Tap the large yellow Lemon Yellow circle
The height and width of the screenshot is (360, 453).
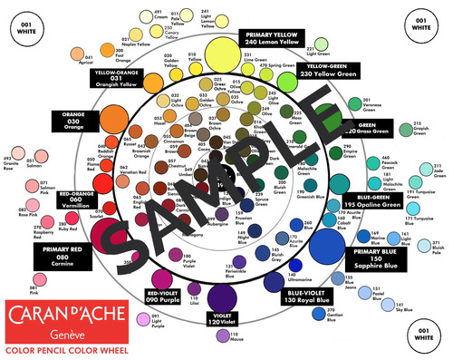pyautogui.click(x=219, y=50)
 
